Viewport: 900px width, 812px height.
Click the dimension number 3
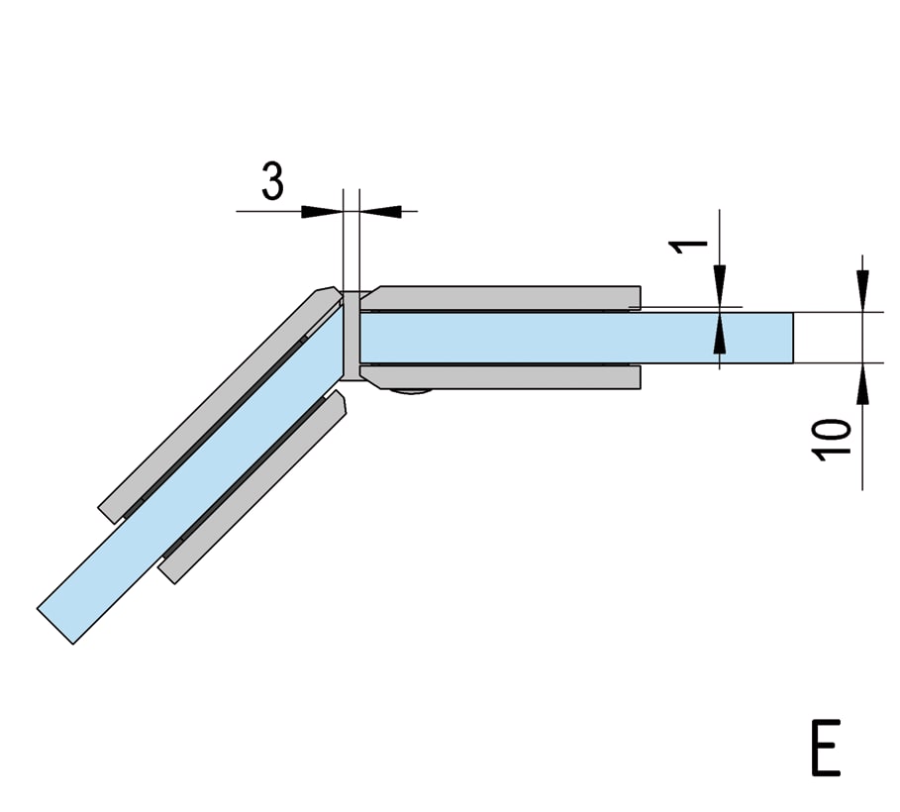coord(272,181)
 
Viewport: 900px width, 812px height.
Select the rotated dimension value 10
coord(831,440)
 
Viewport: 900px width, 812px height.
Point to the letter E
coord(826,747)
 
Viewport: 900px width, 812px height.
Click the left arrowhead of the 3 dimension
coord(322,211)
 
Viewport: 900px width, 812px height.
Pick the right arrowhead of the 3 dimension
coord(379,211)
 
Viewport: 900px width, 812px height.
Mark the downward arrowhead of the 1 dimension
coord(720,285)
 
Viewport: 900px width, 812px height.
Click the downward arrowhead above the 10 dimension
coord(862,291)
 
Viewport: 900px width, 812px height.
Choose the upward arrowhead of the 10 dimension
coord(862,384)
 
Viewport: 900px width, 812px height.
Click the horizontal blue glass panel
coord(576,338)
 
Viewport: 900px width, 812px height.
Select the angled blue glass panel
coord(190,476)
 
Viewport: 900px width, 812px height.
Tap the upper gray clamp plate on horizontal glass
coord(501,297)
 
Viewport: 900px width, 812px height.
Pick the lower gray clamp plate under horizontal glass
coord(501,376)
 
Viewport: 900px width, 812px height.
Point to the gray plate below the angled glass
coord(251,487)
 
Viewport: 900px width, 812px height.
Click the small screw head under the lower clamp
coord(410,392)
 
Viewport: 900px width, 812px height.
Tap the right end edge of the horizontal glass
coord(793,338)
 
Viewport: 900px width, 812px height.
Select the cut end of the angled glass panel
coord(55,627)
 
